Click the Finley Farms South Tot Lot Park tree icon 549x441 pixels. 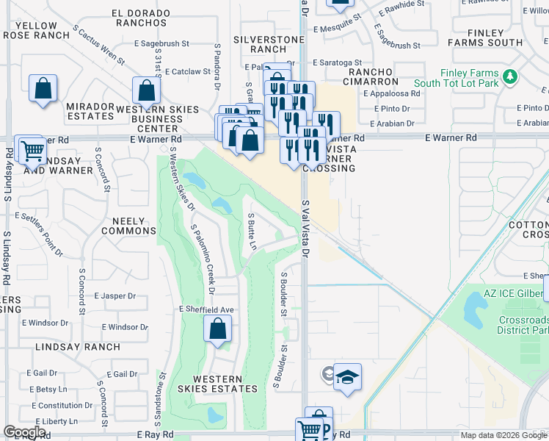click(509, 76)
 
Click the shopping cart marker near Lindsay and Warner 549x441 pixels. click(31, 151)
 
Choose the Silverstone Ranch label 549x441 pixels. click(259, 43)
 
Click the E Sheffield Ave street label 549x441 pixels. click(206, 310)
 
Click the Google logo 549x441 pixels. click(24, 432)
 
